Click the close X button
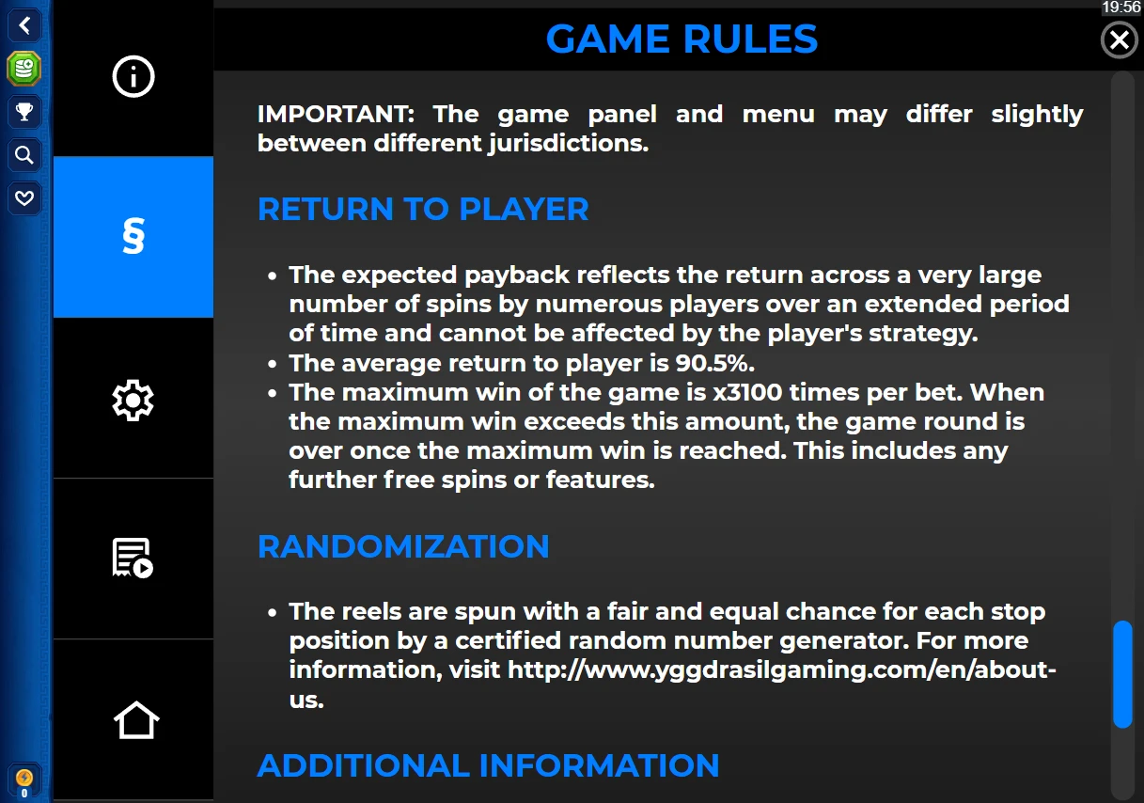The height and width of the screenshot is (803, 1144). [1119, 39]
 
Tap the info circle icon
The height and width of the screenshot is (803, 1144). [133, 76]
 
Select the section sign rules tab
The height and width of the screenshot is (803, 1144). [133, 237]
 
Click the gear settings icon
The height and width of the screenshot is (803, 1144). [133, 401]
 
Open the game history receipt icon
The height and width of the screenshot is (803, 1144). [133, 558]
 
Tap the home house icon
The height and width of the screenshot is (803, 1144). [136, 719]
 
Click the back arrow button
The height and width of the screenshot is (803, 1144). [24, 25]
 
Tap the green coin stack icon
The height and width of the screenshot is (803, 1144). [24, 69]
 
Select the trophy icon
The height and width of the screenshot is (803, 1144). [24, 111]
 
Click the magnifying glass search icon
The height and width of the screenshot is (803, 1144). [24, 155]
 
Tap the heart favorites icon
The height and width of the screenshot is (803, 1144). [24, 197]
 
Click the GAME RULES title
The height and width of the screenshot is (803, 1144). [682, 39]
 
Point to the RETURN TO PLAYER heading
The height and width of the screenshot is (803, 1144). [423, 209]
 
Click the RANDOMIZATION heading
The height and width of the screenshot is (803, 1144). [403, 546]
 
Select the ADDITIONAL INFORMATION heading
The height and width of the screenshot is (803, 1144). [488, 765]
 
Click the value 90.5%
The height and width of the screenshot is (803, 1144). [714, 363]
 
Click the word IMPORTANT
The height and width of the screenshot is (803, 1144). [336, 114]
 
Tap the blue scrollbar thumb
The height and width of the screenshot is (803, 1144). [1122, 674]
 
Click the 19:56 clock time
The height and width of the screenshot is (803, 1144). [1121, 8]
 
